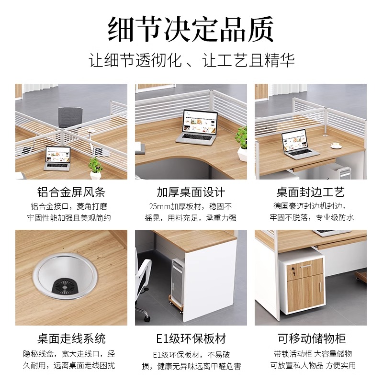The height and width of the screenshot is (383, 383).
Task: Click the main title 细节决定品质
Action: (x=191, y=29)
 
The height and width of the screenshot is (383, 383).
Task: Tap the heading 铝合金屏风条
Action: (x=71, y=192)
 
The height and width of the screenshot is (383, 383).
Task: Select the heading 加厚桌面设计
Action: (x=191, y=192)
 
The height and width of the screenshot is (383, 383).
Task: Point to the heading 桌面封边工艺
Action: (x=310, y=192)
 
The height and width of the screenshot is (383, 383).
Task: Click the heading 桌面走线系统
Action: (x=71, y=338)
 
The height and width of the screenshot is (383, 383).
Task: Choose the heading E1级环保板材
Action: (x=191, y=338)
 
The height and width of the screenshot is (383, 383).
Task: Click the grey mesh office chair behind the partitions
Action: (x=70, y=118)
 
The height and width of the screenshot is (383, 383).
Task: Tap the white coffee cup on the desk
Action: (x=337, y=146)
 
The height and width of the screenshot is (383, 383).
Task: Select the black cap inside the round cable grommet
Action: (x=65, y=285)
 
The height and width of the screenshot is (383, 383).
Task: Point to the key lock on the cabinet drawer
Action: (x=293, y=270)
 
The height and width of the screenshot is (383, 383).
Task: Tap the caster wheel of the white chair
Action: (x=147, y=318)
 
